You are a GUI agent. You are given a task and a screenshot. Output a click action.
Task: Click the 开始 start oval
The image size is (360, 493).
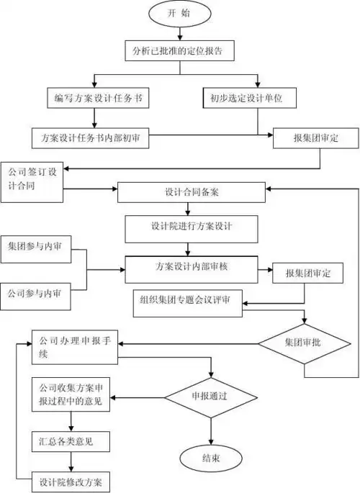click(x=180, y=14)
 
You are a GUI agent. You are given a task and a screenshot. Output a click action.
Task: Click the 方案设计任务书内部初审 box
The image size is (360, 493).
click(x=91, y=137)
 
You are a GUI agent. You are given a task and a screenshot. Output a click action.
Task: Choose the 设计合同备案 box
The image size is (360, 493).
click(x=189, y=192)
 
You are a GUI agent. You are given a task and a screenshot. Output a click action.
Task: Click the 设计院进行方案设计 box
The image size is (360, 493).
click(x=189, y=227)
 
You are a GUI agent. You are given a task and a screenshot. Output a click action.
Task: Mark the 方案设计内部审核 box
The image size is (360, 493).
click(x=189, y=268)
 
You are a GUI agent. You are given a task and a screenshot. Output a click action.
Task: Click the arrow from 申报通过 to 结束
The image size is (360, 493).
click(x=211, y=430)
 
